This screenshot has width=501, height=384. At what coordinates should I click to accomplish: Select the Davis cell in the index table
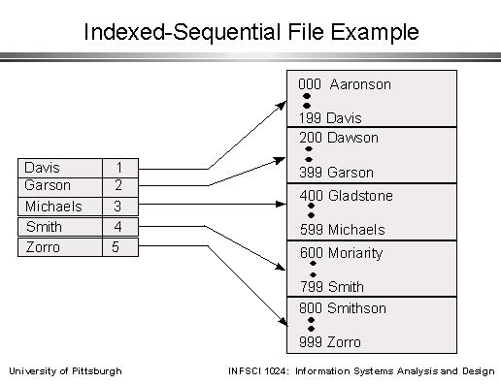[x=59, y=168]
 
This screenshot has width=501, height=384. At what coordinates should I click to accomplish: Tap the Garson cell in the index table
[x=59, y=185]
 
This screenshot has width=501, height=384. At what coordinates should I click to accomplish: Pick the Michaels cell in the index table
[x=59, y=207]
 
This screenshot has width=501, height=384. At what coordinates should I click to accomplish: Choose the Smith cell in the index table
[x=59, y=227]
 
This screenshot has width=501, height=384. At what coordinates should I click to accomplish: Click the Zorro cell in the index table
[x=59, y=247]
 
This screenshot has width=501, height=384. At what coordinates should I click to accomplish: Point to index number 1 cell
[x=119, y=168]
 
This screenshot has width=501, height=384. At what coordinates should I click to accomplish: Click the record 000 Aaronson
[x=345, y=84]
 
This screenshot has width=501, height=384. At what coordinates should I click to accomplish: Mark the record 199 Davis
[x=330, y=118]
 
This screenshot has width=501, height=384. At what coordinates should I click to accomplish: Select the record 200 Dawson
[x=339, y=138]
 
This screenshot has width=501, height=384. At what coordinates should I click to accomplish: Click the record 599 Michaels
[x=342, y=230]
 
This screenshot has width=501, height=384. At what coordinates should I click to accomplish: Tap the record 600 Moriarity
[x=341, y=253]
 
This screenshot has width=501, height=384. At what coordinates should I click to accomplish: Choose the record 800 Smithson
[x=343, y=308]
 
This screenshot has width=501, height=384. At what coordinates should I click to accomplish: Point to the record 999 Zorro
[x=330, y=342]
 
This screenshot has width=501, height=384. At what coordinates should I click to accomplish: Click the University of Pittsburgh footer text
[x=66, y=371]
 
